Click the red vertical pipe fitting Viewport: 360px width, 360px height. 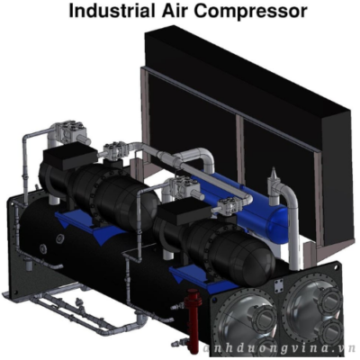tap(192, 319)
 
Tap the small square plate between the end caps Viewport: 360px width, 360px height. tap(278, 284)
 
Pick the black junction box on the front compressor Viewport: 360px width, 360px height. tap(182, 215)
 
